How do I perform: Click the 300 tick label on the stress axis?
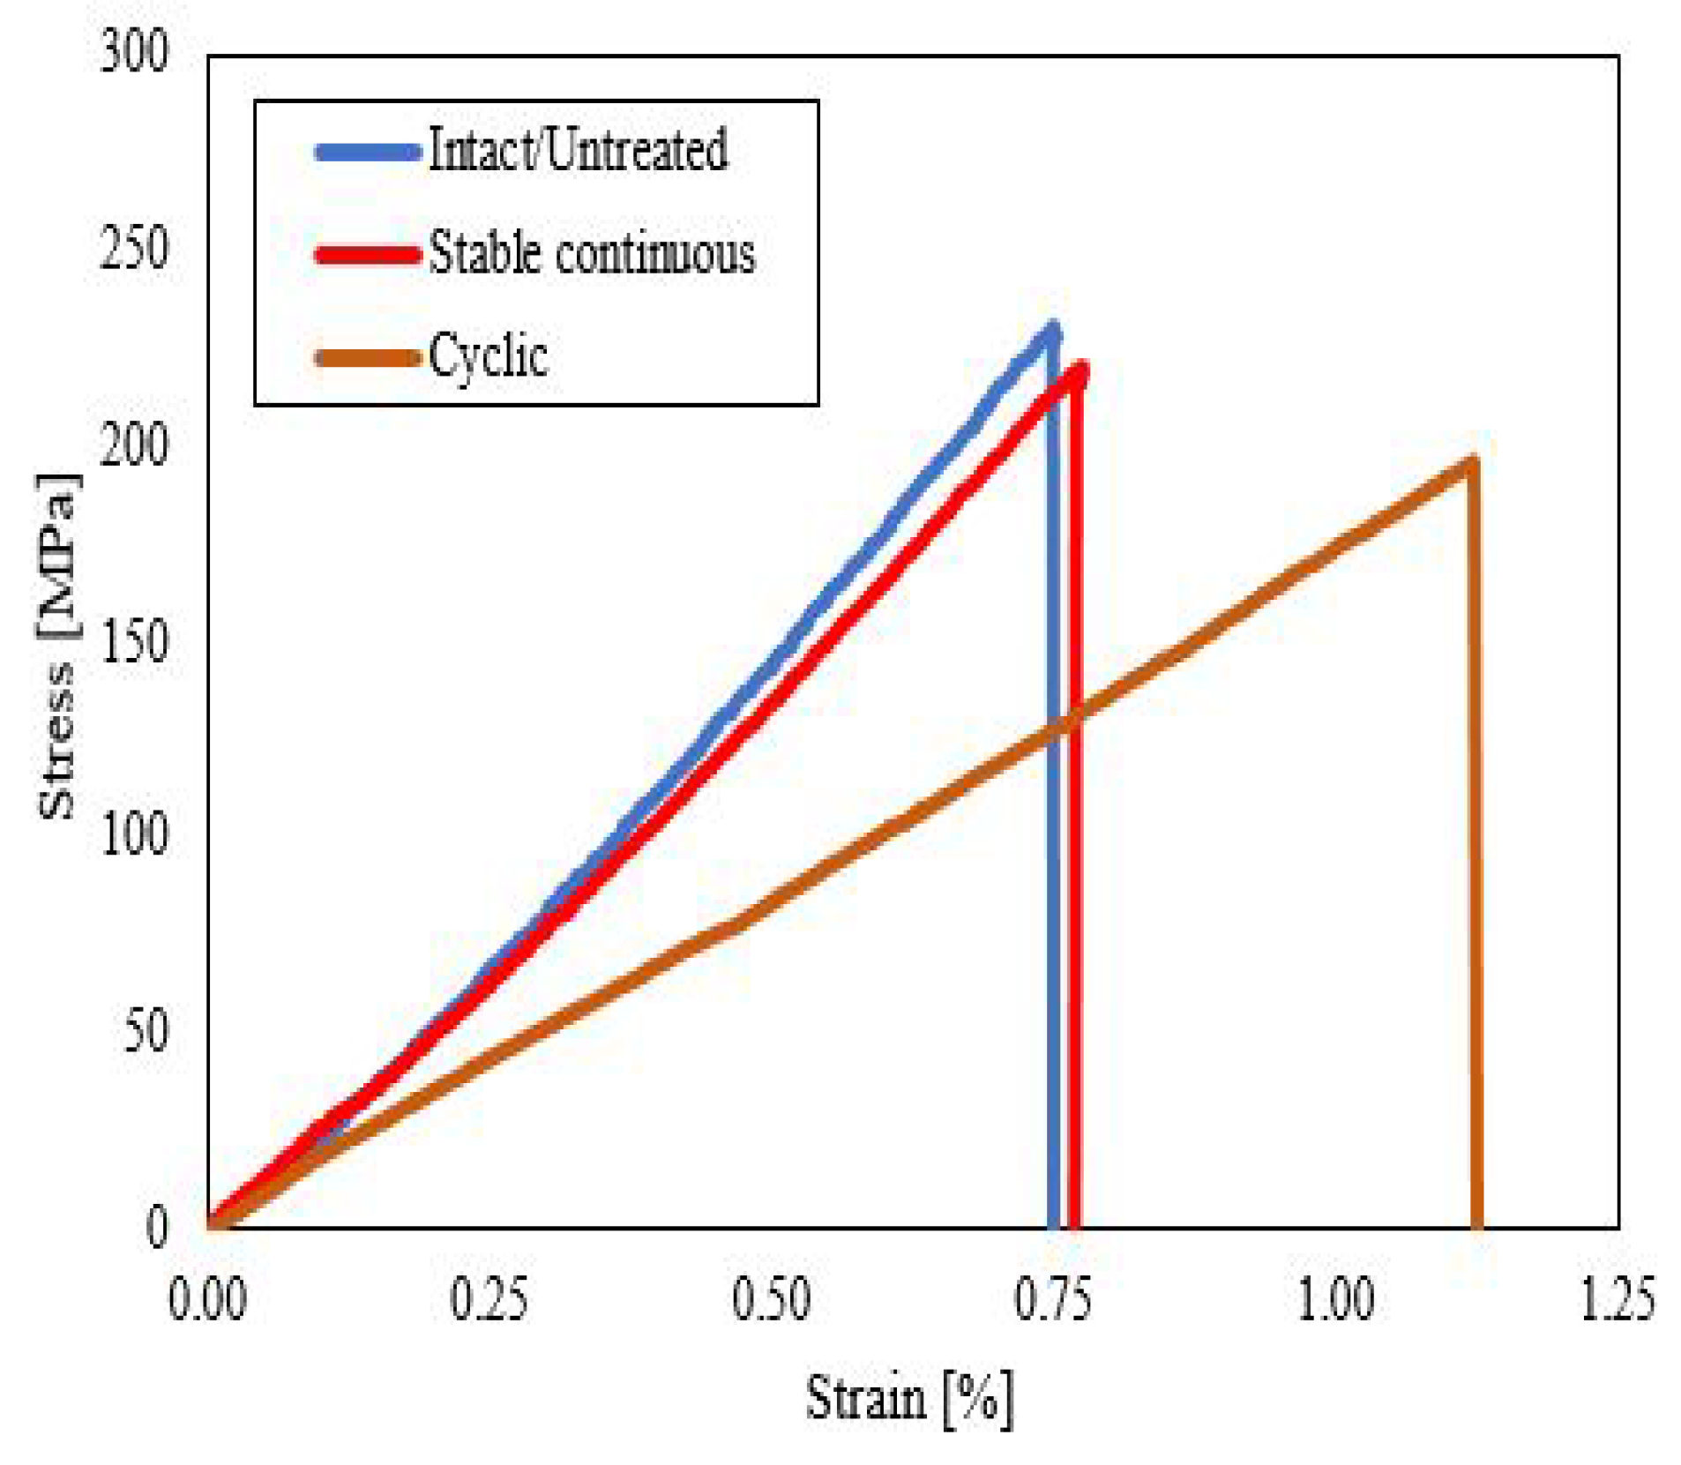pyautogui.click(x=133, y=52)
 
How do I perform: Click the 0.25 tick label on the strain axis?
pyautogui.click(x=489, y=1299)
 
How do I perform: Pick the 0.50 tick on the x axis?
pyautogui.click(x=771, y=1299)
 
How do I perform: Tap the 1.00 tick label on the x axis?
pyautogui.click(x=1335, y=1299)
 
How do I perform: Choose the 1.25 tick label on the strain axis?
pyautogui.click(x=1616, y=1299)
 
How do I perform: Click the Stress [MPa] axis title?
pyautogui.click(x=58, y=647)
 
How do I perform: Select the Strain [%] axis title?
pyautogui.click(x=909, y=1398)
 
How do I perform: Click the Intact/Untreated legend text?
pyautogui.click(x=578, y=150)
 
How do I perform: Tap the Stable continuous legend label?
pyautogui.click(x=592, y=254)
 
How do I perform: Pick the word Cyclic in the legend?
pyautogui.click(x=489, y=356)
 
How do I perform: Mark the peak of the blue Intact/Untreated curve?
pyautogui.click(x=1051, y=329)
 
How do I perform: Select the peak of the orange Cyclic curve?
pyautogui.click(x=1471, y=461)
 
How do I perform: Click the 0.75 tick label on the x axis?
pyautogui.click(x=1053, y=1299)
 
